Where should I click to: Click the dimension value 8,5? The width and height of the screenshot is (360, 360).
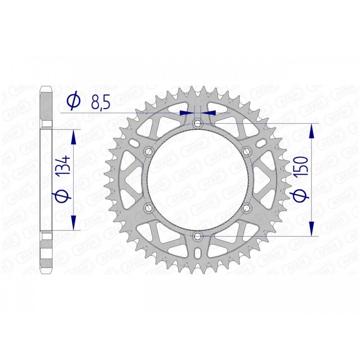click(101, 103)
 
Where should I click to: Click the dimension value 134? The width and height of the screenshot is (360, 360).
click(63, 166)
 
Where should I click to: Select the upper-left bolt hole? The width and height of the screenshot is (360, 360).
click(149, 152)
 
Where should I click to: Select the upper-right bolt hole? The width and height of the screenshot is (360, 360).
click(246, 152)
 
